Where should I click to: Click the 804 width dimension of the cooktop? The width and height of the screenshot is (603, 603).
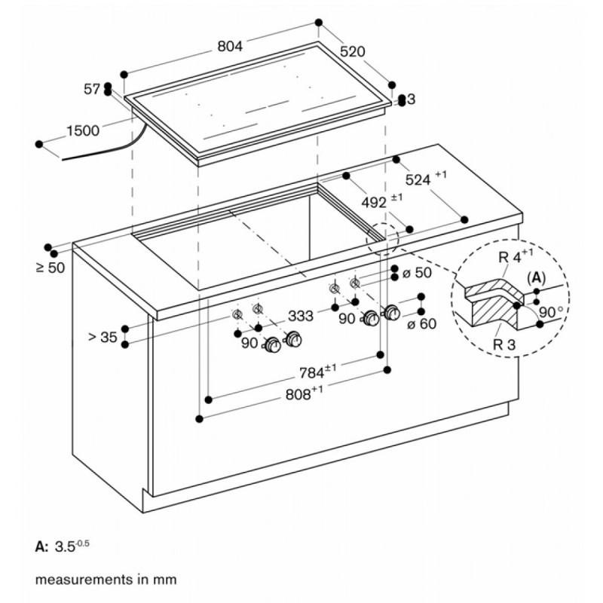coord(230,47)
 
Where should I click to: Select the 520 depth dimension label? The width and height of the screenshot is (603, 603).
coord(352,51)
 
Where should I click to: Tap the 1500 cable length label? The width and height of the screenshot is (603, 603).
coord(83,130)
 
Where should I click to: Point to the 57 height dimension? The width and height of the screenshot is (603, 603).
coord(92,90)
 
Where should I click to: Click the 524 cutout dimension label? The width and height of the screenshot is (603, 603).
coord(426,178)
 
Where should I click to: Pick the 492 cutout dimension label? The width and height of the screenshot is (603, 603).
coord(382,201)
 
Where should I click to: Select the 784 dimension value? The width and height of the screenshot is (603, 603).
coord(317,372)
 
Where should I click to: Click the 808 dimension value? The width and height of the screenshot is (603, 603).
coord(305,393)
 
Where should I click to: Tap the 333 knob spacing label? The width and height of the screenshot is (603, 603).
coord(301,316)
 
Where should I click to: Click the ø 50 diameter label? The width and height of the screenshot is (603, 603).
coord(417,273)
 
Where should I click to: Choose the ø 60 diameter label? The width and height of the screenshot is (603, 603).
coord(422,324)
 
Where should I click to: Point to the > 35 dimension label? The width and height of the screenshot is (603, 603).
coord(103,337)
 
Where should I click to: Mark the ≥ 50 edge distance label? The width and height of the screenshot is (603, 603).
coord(51,268)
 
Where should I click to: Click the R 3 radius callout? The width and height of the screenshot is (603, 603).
coord(504,344)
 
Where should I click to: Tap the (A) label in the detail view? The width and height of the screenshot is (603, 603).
coord(536,277)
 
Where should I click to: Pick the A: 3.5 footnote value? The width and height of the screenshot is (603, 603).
coord(63,546)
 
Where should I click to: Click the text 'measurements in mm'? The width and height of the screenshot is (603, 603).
coord(106,580)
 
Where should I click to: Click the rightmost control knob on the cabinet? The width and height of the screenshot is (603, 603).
coord(392,312)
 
